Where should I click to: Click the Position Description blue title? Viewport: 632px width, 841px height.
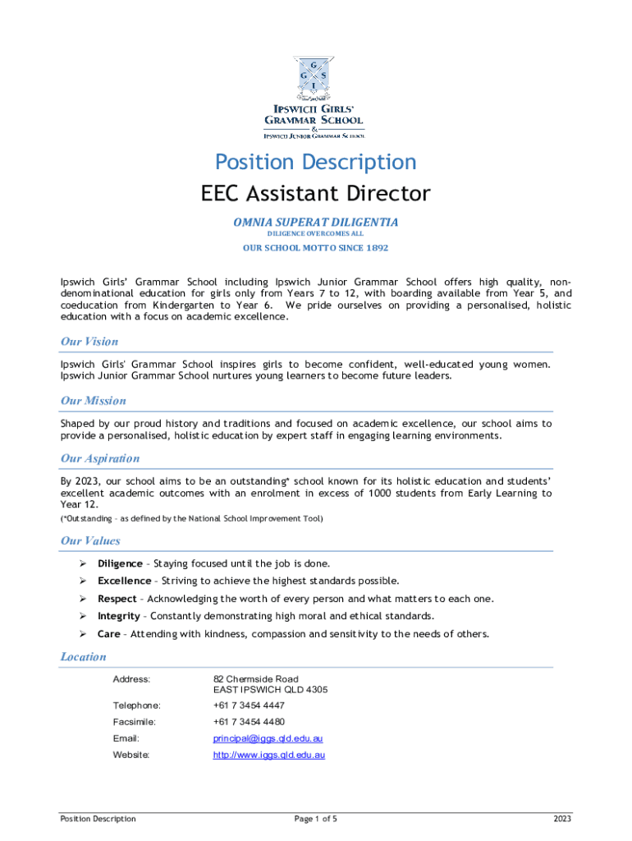pos(315,162)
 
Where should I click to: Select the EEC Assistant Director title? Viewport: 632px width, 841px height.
pos(315,194)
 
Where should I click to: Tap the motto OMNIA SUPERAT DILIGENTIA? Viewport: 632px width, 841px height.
pos(315,222)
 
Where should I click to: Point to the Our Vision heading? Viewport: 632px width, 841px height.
pos(89,342)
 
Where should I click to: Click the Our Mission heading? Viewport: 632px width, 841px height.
pos(93,401)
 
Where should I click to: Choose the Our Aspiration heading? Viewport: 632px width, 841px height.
pos(100,458)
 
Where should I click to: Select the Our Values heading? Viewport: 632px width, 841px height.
pos(90,540)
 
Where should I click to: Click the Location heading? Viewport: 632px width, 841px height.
pos(83,657)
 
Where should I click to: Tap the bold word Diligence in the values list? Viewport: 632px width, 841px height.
pos(120,563)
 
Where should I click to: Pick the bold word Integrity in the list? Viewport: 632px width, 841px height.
pos(118,616)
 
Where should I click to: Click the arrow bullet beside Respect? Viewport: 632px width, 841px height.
pos(83,599)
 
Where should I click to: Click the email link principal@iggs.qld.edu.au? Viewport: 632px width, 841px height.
pos(262,738)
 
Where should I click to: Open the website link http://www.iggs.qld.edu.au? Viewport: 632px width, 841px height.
pos(269,755)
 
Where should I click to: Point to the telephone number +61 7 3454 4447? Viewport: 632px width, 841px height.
pos(249,705)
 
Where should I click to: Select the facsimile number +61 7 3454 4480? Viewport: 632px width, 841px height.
pos(249,722)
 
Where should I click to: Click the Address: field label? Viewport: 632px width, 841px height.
pos(131,679)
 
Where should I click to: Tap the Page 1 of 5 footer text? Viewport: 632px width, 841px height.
pos(315,819)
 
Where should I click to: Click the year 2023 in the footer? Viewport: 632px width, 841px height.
pos(562,819)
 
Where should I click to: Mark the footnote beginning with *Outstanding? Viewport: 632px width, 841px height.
pos(191,518)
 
